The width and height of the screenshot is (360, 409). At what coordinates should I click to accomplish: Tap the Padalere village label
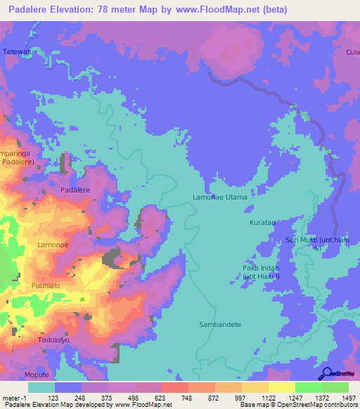point(75,190)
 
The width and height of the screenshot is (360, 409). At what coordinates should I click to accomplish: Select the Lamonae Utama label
point(220,197)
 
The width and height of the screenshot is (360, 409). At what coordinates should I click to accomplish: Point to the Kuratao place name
point(262,222)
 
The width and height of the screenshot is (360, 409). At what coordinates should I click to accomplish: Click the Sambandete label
point(220,325)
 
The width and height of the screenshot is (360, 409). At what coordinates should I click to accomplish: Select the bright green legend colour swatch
point(308,387)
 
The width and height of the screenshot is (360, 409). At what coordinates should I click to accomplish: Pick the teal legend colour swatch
point(41,387)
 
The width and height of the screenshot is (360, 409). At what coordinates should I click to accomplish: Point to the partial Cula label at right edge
point(352,51)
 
